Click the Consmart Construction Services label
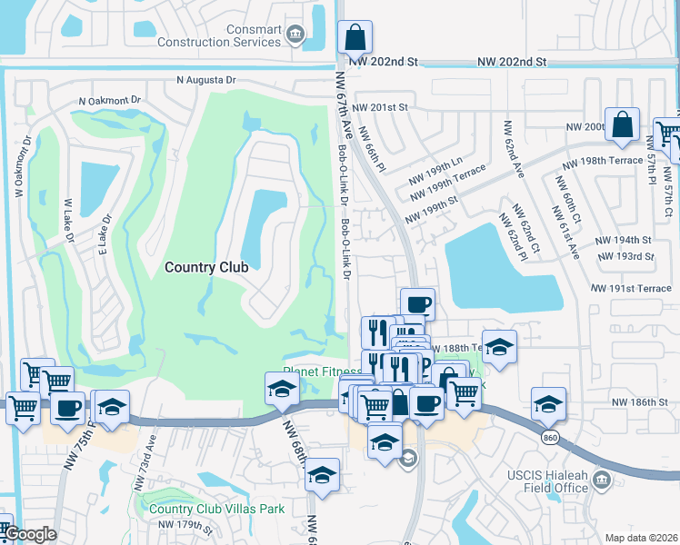click(x=219, y=35)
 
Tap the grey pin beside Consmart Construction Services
click(x=294, y=35)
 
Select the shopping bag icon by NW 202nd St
click(x=355, y=38)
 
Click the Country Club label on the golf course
click(x=206, y=267)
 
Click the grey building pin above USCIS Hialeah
click(x=601, y=479)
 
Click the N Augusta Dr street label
click(x=206, y=80)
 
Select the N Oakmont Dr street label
click(x=111, y=100)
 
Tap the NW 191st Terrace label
click(x=630, y=288)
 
